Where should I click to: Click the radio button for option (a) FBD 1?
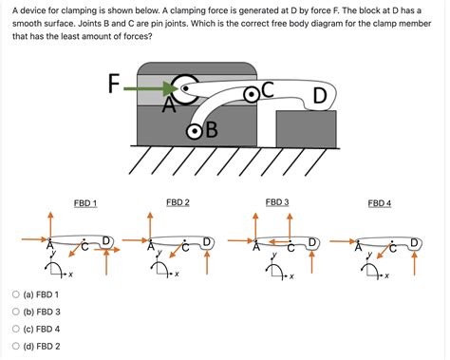coord(16,294)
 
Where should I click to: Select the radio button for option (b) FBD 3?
coord(16,312)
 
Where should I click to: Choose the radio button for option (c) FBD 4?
coord(16,329)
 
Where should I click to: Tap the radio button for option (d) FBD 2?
coord(16,346)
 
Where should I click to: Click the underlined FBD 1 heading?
coord(85,204)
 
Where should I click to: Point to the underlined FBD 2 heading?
coord(178,202)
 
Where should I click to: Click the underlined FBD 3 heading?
coord(277,202)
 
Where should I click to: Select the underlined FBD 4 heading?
coord(380,203)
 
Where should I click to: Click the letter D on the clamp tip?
coord(320,95)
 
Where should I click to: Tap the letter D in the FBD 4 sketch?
coord(415,242)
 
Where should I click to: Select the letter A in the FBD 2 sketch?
coord(150,249)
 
